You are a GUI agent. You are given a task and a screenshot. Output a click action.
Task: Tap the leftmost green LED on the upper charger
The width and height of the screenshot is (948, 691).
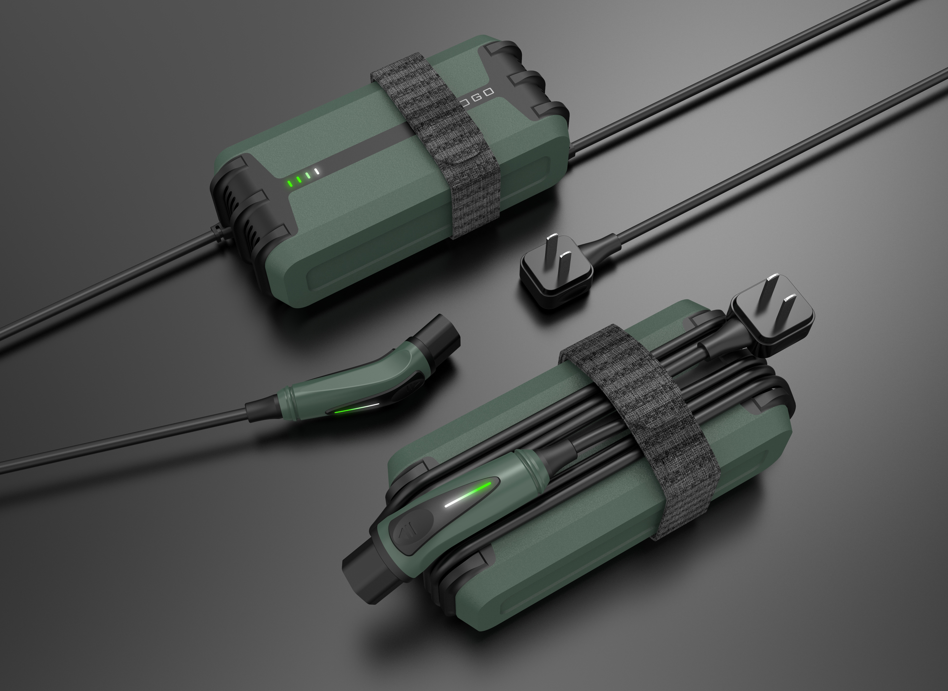289,183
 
